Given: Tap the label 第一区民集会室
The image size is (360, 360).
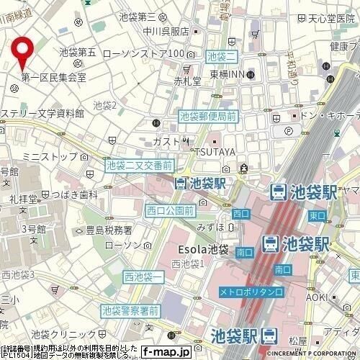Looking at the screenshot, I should click(53, 77).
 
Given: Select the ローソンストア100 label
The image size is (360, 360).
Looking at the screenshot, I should click(144, 54).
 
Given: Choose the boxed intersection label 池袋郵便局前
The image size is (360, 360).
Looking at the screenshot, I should click(207, 115).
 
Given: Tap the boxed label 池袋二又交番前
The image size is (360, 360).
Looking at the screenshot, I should click(139, 166).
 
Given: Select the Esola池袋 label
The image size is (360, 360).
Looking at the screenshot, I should click(203, 250).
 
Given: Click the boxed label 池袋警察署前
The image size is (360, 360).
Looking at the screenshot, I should click(130, 311).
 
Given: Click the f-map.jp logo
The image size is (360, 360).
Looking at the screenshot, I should click(165, 352).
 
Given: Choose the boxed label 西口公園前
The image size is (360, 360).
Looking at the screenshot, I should click(169, 211).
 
